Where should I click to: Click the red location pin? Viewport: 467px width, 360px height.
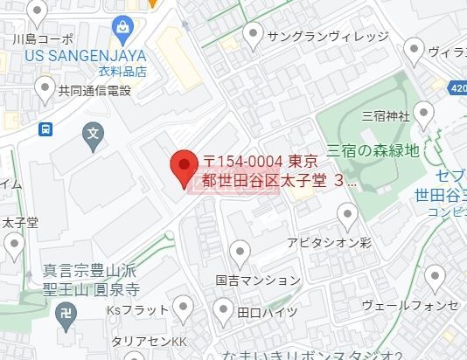pos(183,167)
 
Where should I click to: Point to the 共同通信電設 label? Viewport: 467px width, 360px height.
pos(94,90)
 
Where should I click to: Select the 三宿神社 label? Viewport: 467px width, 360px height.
pos(385,115)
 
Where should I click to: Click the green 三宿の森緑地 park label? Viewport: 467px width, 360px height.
pos(373,150)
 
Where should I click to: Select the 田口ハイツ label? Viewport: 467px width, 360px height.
pos(268,311)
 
